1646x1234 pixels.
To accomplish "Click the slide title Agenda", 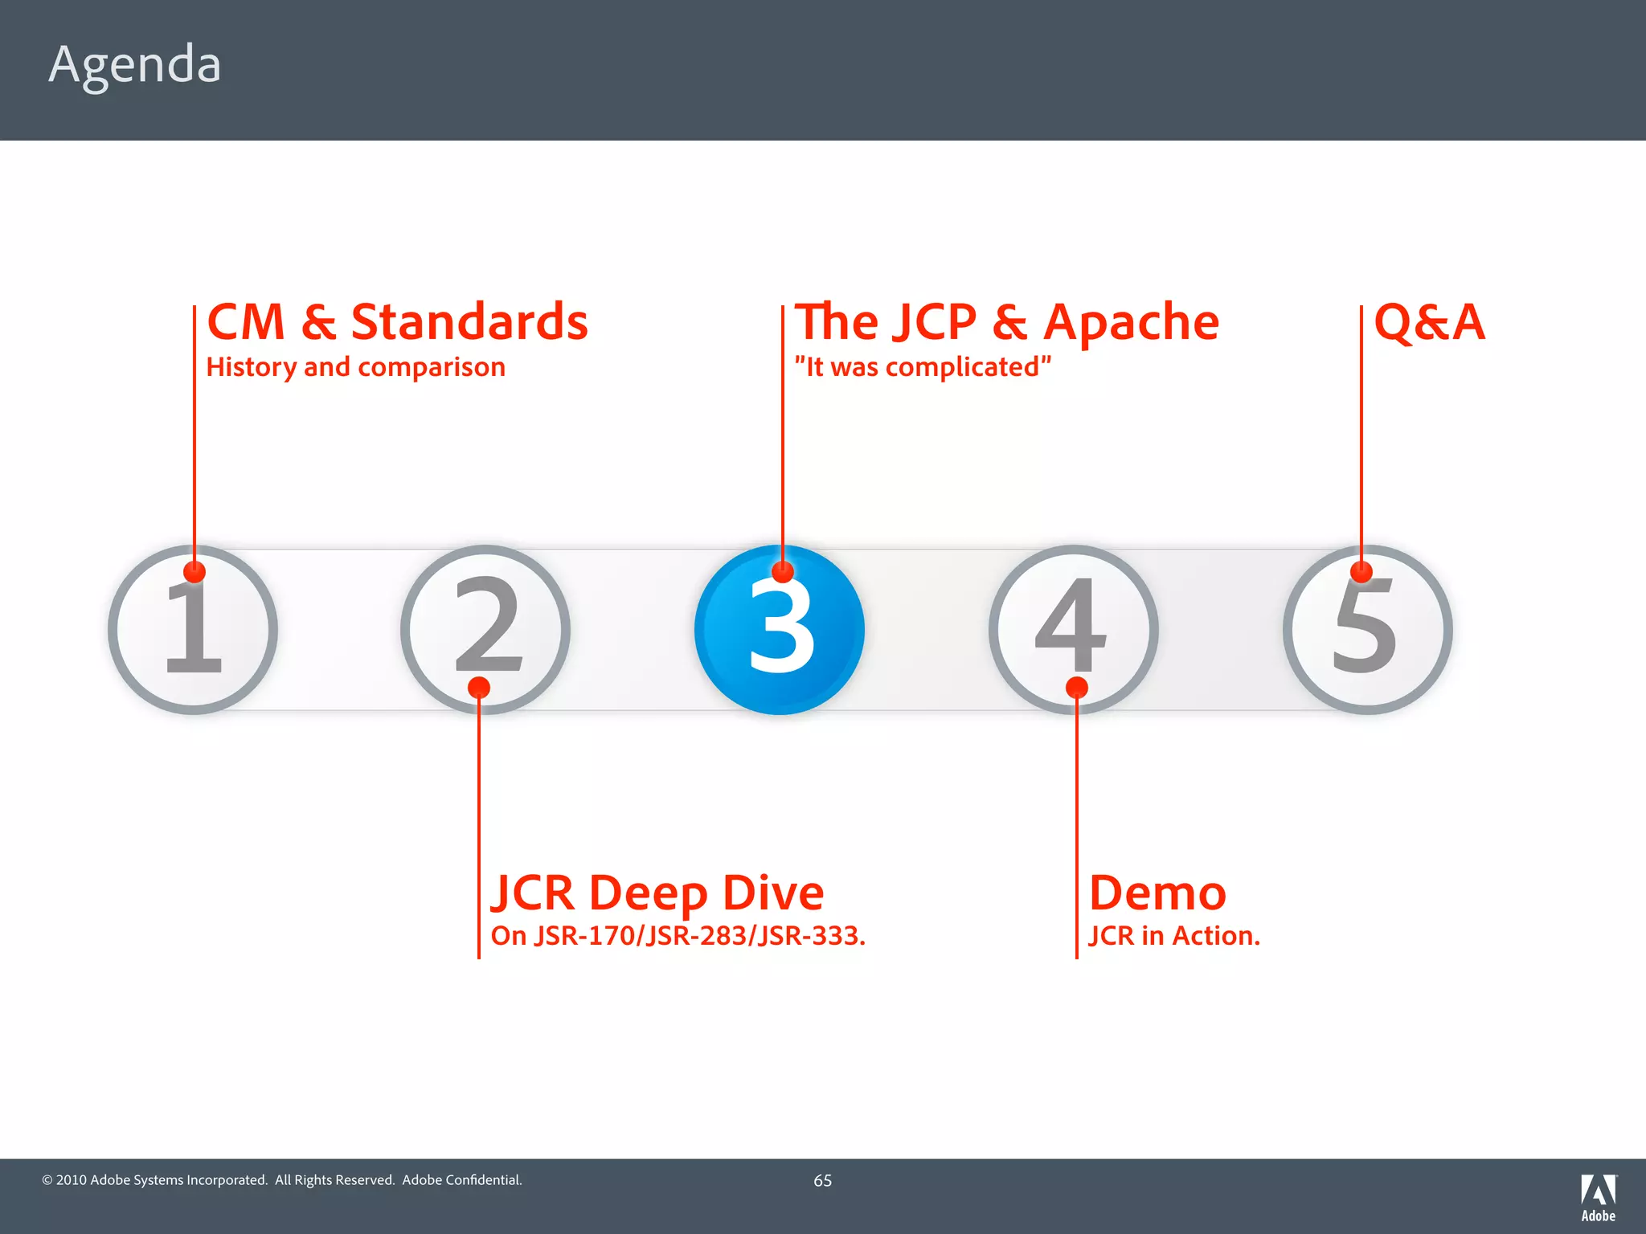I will pyautogui.click(x=135, y=64).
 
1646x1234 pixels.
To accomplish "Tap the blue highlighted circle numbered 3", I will pyautogui.click(x=780, y=630).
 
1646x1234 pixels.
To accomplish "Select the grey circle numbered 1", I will pyautogui.click(x=193, y=630).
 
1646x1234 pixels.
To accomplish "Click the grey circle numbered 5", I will pyautogui.click(x=1367, y=630).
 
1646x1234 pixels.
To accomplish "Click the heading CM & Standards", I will pyautogui.click(x=397, y=322).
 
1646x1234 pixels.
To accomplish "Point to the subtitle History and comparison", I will pyautogui.click(x=355, y=367).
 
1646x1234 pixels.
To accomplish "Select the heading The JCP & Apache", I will pyautogui.click(x=1006, y=322).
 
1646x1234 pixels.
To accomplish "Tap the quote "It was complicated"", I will pyautogui.click(x=923, y=367).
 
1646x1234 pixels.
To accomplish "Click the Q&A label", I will pyautogui.click(x=1429, y=322).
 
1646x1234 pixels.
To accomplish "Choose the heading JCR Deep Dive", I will pyautogui.click(x=657, y=893).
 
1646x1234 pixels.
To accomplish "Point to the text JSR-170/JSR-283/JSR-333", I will pyautogui.click(x=699, y=936).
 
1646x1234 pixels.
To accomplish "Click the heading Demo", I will pyautogui.click(x=1157, y=893).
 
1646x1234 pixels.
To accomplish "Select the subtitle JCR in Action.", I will pyautogui.click(x=1173, y=936).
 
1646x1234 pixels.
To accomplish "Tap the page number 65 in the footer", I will pyautogui.click(x=822, y=1180).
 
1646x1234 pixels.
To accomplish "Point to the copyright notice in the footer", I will pyautogui.click(x=282, y=1180).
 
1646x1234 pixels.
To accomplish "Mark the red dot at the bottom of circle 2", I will pyautogui.click(x=479, y=688).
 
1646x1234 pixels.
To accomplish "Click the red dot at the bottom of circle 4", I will pyautogui.click(x=1076, y=688).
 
